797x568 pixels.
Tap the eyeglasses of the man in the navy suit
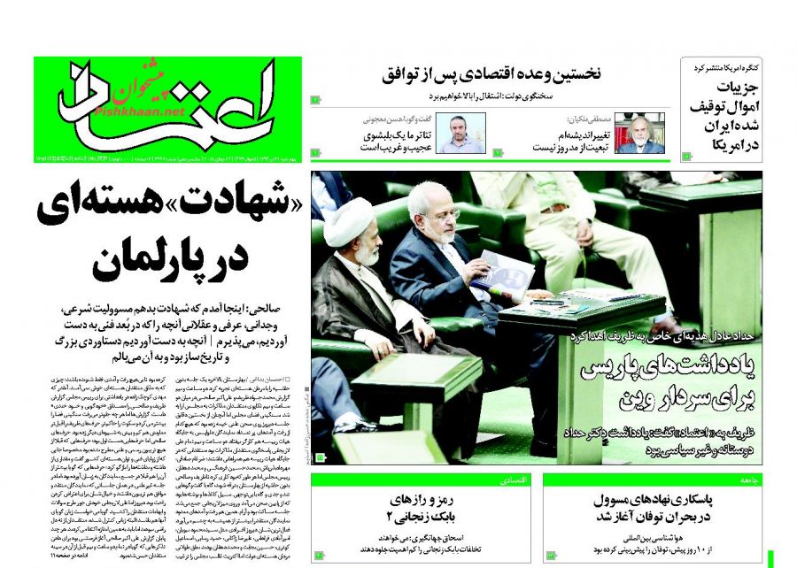click(x=439, y=214)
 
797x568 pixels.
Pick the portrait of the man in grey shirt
click(x=467, y=134)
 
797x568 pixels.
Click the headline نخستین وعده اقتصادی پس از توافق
click(x=492, y=74)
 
